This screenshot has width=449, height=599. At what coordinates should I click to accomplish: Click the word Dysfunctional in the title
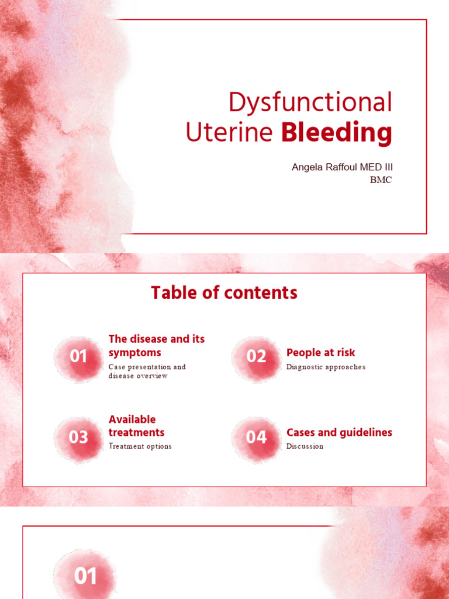point(310,103)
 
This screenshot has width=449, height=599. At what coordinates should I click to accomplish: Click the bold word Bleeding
point(336,132)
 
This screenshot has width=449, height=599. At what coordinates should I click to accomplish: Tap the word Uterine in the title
point(229,132)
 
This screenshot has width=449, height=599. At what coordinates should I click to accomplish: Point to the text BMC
point(381,180)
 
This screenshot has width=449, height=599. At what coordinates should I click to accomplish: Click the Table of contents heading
point(224,292)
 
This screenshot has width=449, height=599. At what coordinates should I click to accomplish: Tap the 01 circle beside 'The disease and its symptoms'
point(79,356)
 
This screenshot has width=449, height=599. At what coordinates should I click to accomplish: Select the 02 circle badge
point(256,356)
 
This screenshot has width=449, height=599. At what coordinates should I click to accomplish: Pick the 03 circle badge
point(79,437)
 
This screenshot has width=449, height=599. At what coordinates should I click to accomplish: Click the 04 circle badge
point(256,437)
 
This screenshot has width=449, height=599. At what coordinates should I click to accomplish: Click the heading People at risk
point(320,353)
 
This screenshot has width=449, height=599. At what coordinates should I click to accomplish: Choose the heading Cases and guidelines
point(339,432)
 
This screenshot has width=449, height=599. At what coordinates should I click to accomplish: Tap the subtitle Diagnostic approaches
point(326,367)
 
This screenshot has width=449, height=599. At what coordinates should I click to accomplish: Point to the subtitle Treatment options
point(140,446)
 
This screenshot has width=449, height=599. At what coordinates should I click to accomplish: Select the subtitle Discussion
point(305,446)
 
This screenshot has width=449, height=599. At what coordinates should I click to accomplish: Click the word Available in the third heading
point(132,419)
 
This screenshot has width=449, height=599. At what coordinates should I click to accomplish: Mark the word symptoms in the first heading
point(134,353)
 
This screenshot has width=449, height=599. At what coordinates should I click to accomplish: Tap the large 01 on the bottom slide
point(85,577)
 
